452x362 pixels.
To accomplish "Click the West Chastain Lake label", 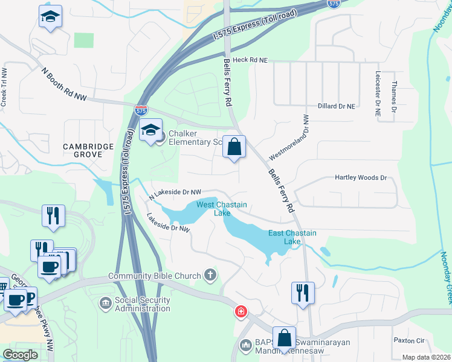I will coord(214,209).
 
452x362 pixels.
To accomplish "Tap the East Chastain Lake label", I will coord(292,237).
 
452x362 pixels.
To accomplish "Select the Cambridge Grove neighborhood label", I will coord(88,150).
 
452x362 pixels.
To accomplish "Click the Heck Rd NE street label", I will coord(250,60).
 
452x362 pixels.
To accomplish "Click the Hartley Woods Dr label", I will coord(361,178).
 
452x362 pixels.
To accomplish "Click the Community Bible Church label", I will coord(154,276).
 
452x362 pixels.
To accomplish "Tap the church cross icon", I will coord(210,276).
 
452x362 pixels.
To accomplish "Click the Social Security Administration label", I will coord(143,304).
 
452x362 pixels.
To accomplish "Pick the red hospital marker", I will coord(241,311).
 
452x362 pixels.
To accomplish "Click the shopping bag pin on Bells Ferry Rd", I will coord(234,147).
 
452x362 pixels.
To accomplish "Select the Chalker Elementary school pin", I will coord(151,129).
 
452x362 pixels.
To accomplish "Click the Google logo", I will coord(20,355).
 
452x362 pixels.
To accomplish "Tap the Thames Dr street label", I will coord(395,97).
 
